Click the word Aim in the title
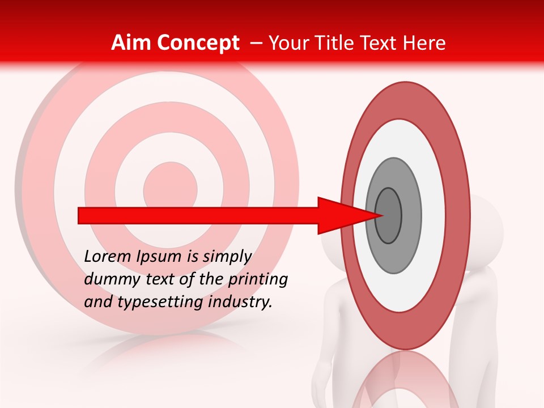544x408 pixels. click(131, 43)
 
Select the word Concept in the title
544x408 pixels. click(198, 43)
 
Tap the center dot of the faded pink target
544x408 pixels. click(170, 187)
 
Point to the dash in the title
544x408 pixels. click(256, 43)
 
